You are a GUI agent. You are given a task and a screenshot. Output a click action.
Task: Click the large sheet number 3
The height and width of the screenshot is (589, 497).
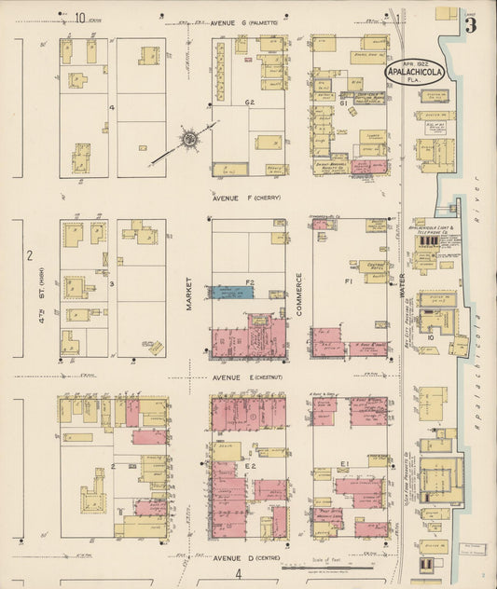point(470,25)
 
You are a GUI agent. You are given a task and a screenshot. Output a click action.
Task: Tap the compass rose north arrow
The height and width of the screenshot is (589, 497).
point(189,140)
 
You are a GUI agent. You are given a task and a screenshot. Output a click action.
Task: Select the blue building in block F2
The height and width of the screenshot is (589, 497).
point(238,292)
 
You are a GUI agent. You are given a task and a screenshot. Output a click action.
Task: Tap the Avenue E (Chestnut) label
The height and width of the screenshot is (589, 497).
point(244,377)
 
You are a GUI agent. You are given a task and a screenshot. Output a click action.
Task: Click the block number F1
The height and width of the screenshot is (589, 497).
point(349,280)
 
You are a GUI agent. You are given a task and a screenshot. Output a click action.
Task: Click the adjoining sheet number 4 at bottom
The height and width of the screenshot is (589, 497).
point(238,573)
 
